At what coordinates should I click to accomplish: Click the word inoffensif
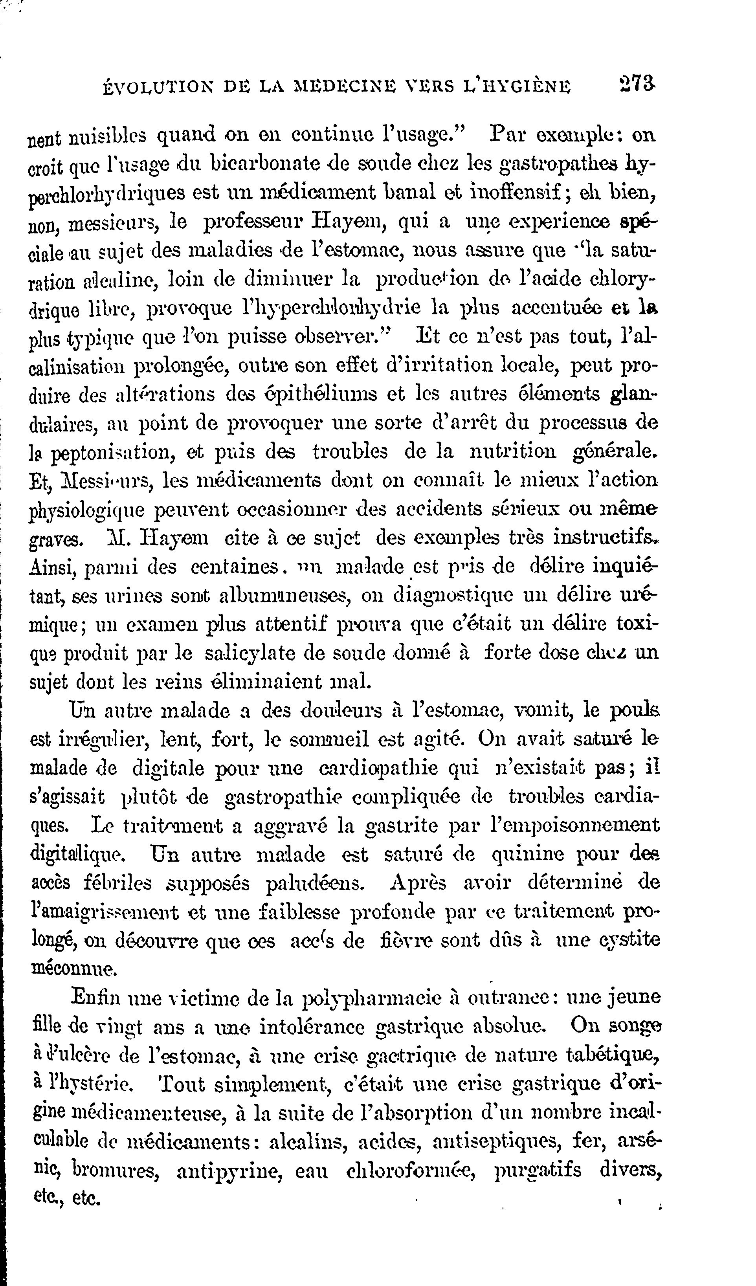(x=523, y=193)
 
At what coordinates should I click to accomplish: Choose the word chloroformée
(x=410, y=1170)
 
